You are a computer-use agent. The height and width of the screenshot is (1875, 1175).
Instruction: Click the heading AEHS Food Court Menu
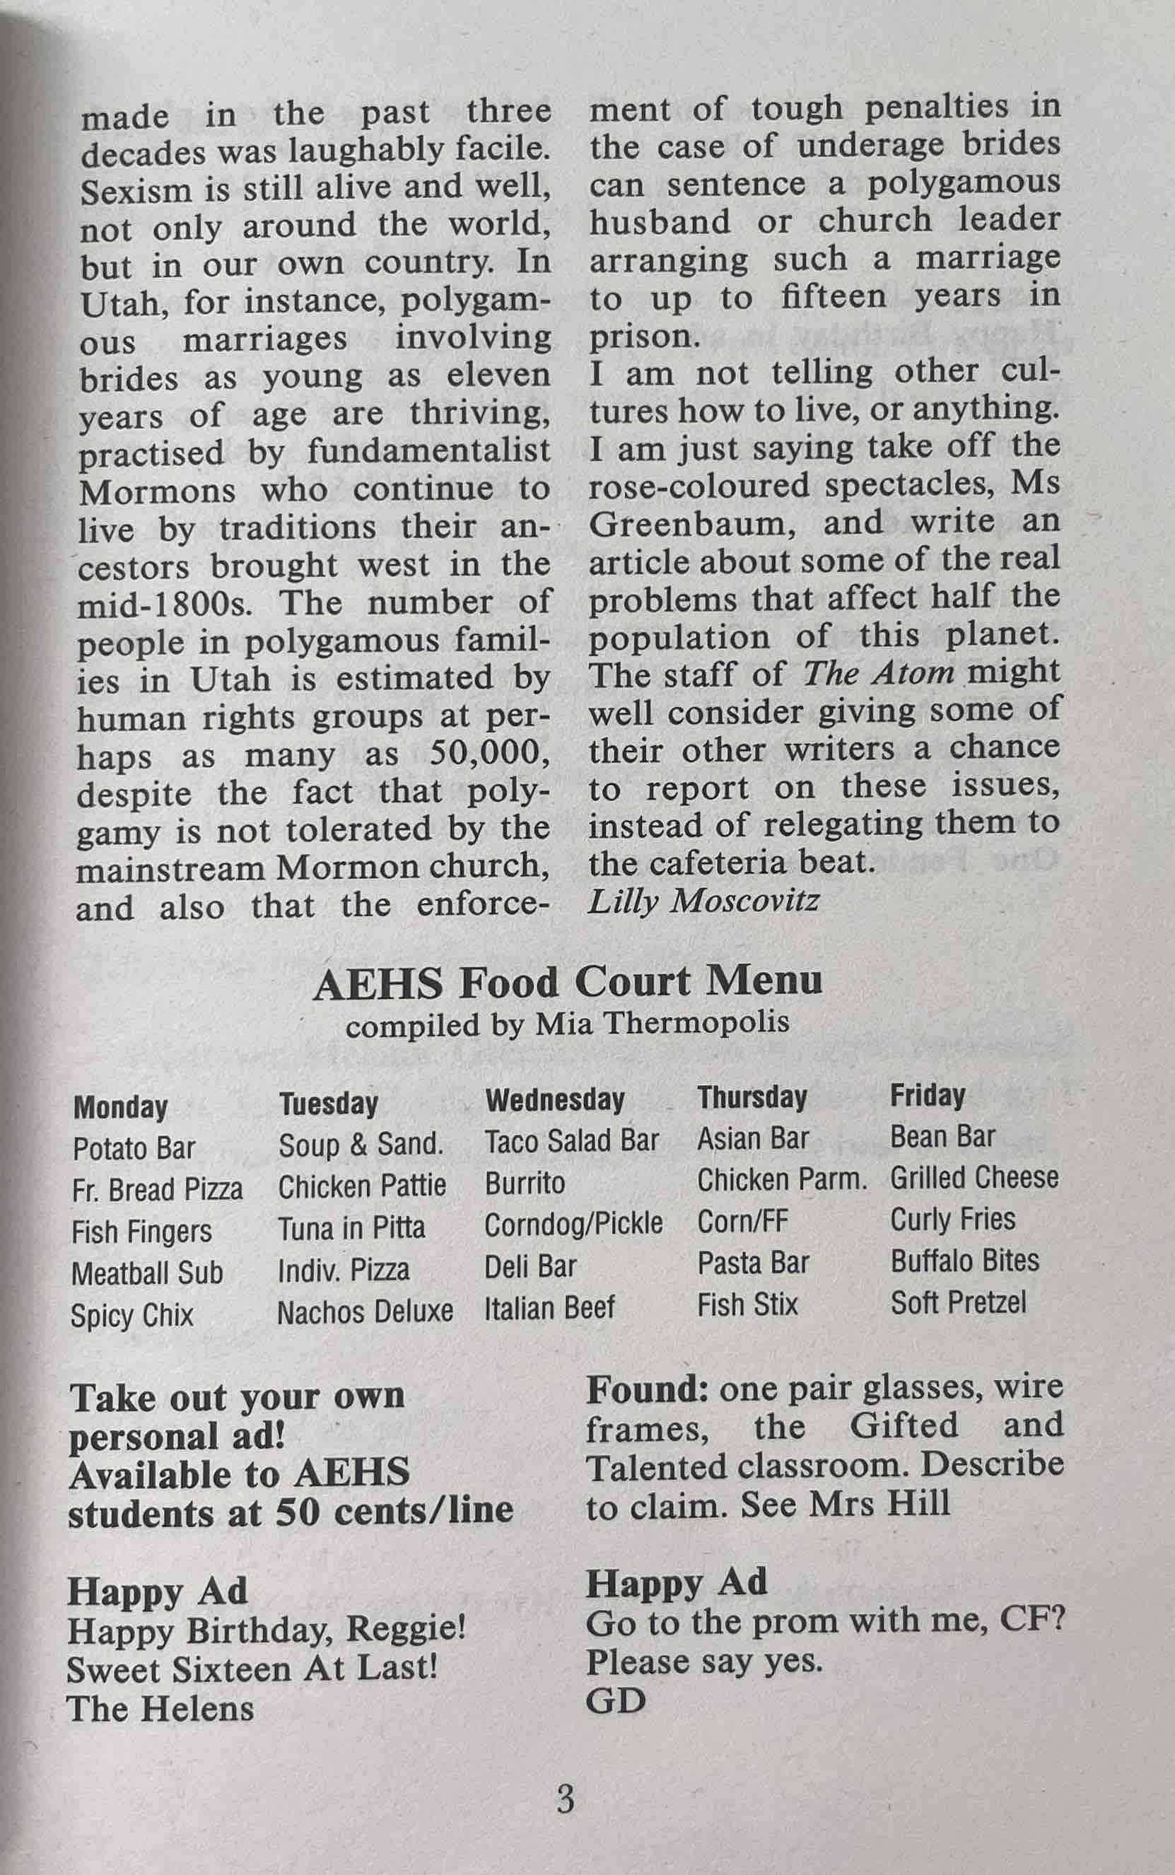(x=567, y=983)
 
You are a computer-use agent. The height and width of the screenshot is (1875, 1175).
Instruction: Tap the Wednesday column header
(x=555, y=1099)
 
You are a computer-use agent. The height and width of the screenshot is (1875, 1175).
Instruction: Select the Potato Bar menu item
(x=134, y=1148)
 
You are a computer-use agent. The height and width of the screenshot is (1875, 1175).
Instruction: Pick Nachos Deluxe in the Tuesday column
(x=366, y=1312)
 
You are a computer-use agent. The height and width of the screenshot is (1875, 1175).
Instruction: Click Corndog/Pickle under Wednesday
(x=573, y=1224)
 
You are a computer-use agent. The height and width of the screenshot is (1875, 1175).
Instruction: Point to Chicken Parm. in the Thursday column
(x=781, y=1179)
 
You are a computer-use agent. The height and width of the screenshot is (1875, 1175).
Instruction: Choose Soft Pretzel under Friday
(x=958, y=1302)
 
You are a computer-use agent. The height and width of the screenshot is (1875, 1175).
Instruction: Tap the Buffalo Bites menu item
(x=964, y=1261)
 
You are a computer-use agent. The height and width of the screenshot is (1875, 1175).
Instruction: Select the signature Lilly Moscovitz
(x=703, y=901)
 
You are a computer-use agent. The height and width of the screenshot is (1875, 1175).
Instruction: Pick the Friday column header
(x=927, y=1095)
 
